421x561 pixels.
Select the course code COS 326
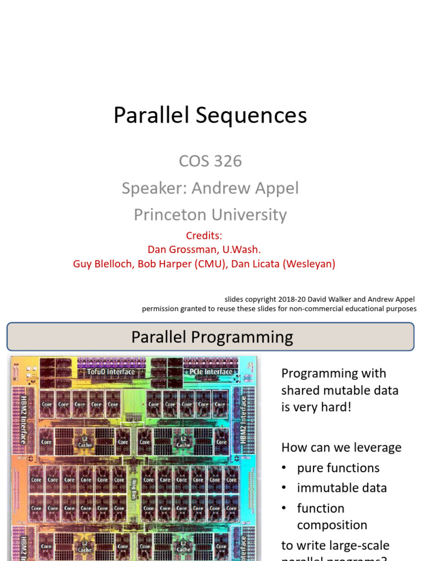click(210, 161)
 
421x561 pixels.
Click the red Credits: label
click(204, 236)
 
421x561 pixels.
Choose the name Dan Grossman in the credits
click(179, 250)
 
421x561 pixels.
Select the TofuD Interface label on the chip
click(111, 372)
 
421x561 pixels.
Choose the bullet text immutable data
click(342, 488)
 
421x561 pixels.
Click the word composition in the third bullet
click(332, 525)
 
